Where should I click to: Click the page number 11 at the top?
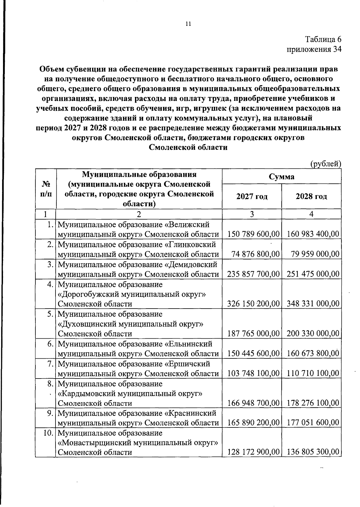[x=188, y=24]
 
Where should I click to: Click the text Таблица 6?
[x=323, y=39]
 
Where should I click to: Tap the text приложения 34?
[x=314, y=49]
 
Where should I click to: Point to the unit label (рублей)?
[x=325, y=164]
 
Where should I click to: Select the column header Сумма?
[x=281, y=177]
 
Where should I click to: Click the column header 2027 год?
[x=252, y=197]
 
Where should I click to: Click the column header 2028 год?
[x=311, y=197]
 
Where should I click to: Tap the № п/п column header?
[x=45, y=189]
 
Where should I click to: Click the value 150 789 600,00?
[x=253, y=234]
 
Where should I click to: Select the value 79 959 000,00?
[x=315, y=254]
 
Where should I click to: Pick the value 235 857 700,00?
[x=253, y=274]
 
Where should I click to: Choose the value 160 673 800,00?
[x=313, y=354]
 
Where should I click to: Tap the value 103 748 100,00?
[x=253, y=373]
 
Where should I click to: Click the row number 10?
[x=49, y=433]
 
